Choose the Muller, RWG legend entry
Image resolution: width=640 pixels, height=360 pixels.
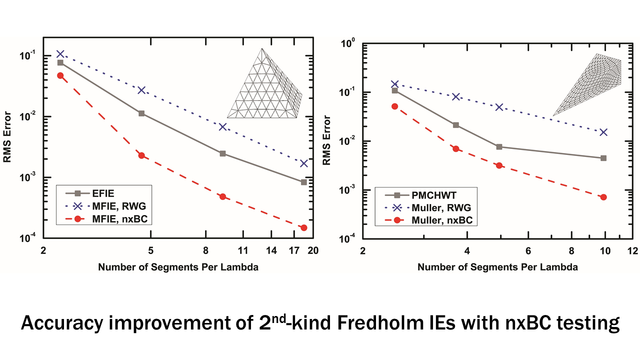pos(430,207)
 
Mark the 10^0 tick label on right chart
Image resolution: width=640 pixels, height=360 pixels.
pos(347,43)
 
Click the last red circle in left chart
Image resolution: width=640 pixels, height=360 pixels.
pos(303,227)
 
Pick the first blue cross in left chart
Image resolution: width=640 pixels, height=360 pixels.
pos(60,54)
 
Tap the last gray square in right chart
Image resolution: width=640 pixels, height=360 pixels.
pos(603,158)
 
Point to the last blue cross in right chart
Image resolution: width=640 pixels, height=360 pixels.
pos(603,132)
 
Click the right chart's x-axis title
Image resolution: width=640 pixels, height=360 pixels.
pos(497,267)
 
